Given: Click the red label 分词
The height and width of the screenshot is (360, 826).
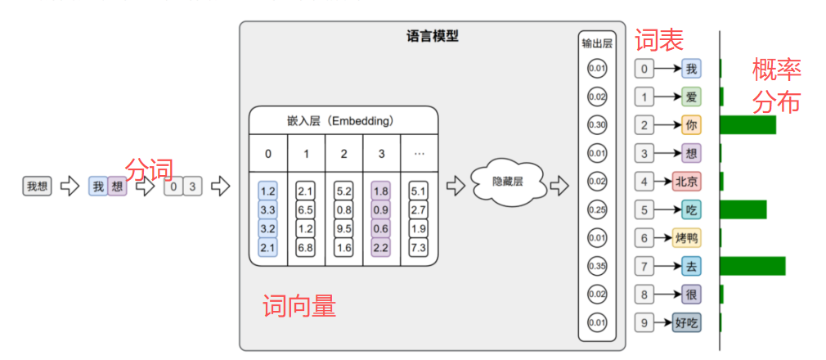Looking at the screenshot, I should [149, 169].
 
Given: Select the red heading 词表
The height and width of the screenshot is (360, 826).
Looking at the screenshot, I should [658, 39].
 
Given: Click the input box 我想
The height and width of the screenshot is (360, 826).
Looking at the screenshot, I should [37, 187].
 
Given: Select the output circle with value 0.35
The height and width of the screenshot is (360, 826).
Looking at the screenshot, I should [596, 266].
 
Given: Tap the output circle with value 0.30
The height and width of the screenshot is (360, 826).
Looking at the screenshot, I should [596, 125].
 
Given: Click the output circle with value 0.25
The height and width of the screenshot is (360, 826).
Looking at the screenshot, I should [596, 210].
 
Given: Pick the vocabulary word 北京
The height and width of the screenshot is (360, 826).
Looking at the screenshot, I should [686, 182].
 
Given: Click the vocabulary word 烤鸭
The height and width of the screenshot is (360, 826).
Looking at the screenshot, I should [687, 238].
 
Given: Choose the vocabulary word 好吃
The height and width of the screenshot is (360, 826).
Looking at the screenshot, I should [687, 322].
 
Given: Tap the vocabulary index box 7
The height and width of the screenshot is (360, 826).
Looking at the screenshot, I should [645, 266].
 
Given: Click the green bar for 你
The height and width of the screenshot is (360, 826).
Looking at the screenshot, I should [747, 125].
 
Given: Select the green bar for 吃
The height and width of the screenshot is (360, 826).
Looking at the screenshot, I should [743, 209].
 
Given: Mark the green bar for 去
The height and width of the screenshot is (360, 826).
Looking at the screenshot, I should [752, 266].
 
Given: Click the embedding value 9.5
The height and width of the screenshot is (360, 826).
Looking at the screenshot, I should [343, 228].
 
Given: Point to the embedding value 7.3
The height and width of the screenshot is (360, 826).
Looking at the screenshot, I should [419, 247].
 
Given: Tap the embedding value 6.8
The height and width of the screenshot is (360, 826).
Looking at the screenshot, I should [306, 247].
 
